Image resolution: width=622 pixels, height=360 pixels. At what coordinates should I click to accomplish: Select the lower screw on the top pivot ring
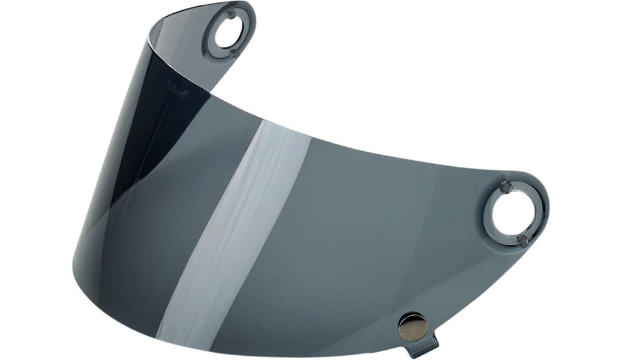pos(235,53)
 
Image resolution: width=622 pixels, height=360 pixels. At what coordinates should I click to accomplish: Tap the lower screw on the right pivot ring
pos(522,241)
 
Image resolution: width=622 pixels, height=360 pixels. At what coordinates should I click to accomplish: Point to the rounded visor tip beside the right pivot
pos(543,204)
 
